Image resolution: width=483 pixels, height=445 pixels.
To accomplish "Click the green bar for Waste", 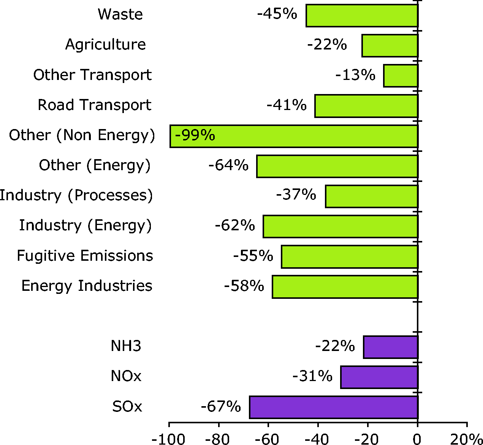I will click(361, 16).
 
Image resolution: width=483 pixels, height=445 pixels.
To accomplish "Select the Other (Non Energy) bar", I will click(304, 136).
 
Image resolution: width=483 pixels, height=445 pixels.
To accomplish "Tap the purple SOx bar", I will click(333, 407).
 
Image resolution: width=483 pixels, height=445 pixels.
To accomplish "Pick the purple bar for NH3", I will click(390, 347).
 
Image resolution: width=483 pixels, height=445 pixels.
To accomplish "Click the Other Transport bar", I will click(401, 76).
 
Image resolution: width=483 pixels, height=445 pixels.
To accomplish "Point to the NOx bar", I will click(379, 377).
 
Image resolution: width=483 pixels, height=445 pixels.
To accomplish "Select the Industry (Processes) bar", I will click(371, 196).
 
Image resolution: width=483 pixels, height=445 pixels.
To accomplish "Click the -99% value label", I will click(195, 135).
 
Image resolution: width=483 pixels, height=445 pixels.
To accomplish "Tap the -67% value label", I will click(221, 407).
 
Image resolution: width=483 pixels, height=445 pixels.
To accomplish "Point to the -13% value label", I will click(355, 75).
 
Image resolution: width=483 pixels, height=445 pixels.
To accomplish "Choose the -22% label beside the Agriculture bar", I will click(327, 45).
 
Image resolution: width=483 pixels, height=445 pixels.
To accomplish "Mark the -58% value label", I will click(244, 286).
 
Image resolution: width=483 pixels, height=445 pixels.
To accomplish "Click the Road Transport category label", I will click(94, 105).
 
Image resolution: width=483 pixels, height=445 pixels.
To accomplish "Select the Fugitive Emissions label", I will click(85, 256).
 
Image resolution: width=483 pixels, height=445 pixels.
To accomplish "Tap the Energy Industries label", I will click(87, 286).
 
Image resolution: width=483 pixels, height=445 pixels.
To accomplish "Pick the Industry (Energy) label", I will click(85, 225).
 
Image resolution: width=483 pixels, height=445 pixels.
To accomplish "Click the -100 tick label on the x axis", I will click(168, 440).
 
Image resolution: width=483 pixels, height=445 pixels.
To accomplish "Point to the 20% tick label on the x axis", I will click(467, 440).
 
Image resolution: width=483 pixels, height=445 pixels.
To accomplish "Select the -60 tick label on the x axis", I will click(268, 440).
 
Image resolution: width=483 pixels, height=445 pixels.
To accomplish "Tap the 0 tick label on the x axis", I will click(417, 440).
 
